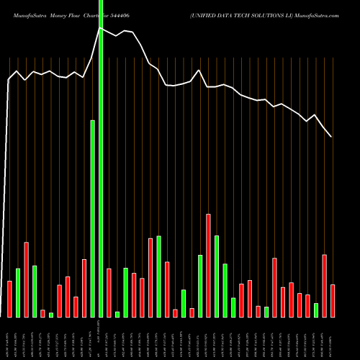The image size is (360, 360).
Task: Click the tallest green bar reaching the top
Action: pos(101,158)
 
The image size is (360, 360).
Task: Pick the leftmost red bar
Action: pos(9,299)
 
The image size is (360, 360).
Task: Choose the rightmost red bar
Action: pos(333,300)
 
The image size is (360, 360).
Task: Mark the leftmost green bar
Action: pos(18,292)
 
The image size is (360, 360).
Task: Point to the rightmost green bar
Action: pos(316,310)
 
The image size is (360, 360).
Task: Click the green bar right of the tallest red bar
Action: pos(217,276)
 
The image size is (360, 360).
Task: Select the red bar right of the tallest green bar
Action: pos(109,292)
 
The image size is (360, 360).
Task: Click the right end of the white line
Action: pos(331,137)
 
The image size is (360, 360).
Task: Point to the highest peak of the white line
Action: pos(101,29)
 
